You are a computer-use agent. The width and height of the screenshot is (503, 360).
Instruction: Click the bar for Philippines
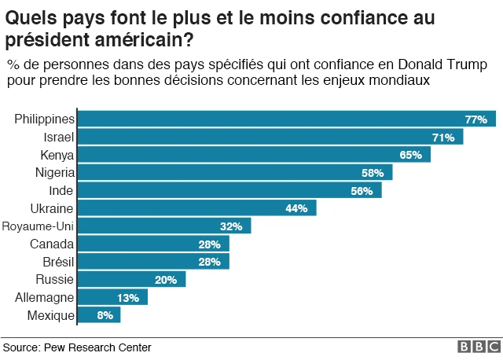(x=286, y=119)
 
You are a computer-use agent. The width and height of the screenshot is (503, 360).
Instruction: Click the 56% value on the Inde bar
(x=362, y=191)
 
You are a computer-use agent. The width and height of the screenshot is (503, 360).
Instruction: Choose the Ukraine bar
(x=196, y=208)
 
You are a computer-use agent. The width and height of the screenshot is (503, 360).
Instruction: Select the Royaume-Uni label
(x=39, y=226)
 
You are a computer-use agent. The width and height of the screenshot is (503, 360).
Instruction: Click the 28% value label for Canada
(x=210, y=244)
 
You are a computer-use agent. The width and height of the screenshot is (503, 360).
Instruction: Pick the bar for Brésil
(x=153, y=262)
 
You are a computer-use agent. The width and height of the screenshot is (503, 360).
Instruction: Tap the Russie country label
(x=55, y=280)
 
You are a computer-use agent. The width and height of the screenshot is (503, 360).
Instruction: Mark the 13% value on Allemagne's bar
(x=129, y=298)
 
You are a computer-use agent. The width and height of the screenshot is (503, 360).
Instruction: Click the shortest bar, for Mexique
(x=99, y=315)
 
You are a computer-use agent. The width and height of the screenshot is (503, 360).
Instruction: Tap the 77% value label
(x=476, y=119)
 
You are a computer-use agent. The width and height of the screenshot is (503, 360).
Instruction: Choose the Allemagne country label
(x=45, y=298)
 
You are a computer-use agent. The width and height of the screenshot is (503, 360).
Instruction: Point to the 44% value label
(x=296, y=208)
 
